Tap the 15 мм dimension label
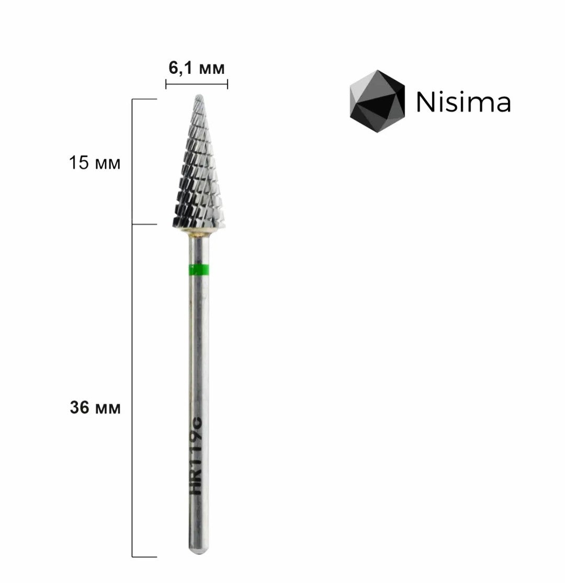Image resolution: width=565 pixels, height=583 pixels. (95, 163)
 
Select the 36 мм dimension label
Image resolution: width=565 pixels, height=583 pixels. (95, 408)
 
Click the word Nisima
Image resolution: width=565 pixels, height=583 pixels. (464, 103)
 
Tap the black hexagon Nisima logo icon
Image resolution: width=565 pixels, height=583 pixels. (377, 102)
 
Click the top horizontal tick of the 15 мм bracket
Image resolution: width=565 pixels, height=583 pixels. (144, 99)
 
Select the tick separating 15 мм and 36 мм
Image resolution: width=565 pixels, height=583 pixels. (144, 225)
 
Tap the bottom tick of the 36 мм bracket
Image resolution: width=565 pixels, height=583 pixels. (144, 557)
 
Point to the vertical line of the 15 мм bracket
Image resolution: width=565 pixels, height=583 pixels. (132, 162)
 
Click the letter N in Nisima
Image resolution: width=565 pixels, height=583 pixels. (424, 103)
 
